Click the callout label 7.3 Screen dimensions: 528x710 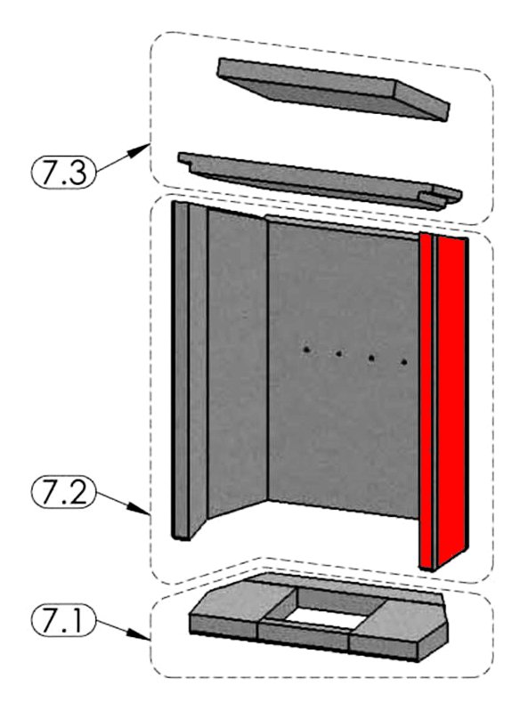pos(63,172)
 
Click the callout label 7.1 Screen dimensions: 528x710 pos(63,621)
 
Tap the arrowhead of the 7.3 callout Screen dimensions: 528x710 pos(142,149)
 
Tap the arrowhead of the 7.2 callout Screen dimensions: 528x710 pos(142,510)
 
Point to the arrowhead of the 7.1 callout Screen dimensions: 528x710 pos(142,635)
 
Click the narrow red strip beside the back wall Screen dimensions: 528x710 pos(426,400)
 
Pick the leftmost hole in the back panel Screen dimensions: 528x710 pos(307,350)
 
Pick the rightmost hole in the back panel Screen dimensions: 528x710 pos(404,362)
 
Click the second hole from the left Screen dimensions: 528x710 pos(338,353)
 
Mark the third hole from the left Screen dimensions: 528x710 pos(371,359)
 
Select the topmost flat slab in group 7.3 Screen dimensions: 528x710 pos(334,88)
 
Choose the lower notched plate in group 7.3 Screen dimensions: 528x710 pos(320,181)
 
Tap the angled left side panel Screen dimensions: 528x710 pos(237,362)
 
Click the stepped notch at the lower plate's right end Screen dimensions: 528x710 pos(441,197)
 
